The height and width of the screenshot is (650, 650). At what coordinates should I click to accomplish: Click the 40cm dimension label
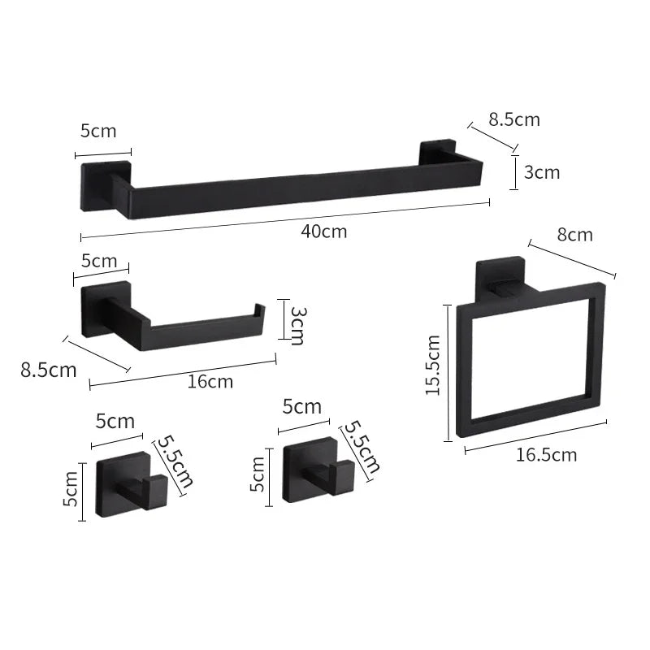tap(323, 232)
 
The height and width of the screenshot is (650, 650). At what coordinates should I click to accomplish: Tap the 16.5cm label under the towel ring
tap(546, 455)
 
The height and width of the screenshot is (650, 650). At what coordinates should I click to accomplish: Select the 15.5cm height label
tap(433, 365)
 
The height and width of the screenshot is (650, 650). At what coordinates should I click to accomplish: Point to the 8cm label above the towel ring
tap(574, 235)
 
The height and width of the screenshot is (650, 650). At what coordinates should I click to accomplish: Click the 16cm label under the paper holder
tap(210, 381)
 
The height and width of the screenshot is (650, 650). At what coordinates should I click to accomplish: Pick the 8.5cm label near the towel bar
tap(514, 119)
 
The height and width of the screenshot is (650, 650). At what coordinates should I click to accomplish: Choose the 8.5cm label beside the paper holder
tap(49, 370)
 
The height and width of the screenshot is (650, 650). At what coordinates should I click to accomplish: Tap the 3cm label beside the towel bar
tap(542, 172)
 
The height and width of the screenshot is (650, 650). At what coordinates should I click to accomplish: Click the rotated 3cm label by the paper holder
tap(298, 326)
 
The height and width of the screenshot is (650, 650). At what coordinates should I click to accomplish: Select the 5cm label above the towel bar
tap(98, 131)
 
